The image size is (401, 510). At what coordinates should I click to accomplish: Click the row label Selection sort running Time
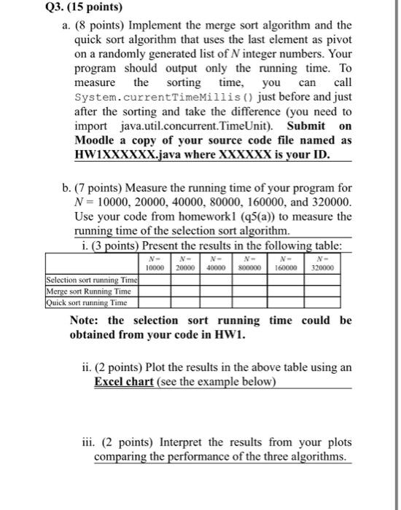click(x=91, y=279)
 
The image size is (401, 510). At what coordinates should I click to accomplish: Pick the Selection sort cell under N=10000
click(x=154, y=279)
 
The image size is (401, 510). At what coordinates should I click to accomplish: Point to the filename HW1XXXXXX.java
click(x=125, y=154)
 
